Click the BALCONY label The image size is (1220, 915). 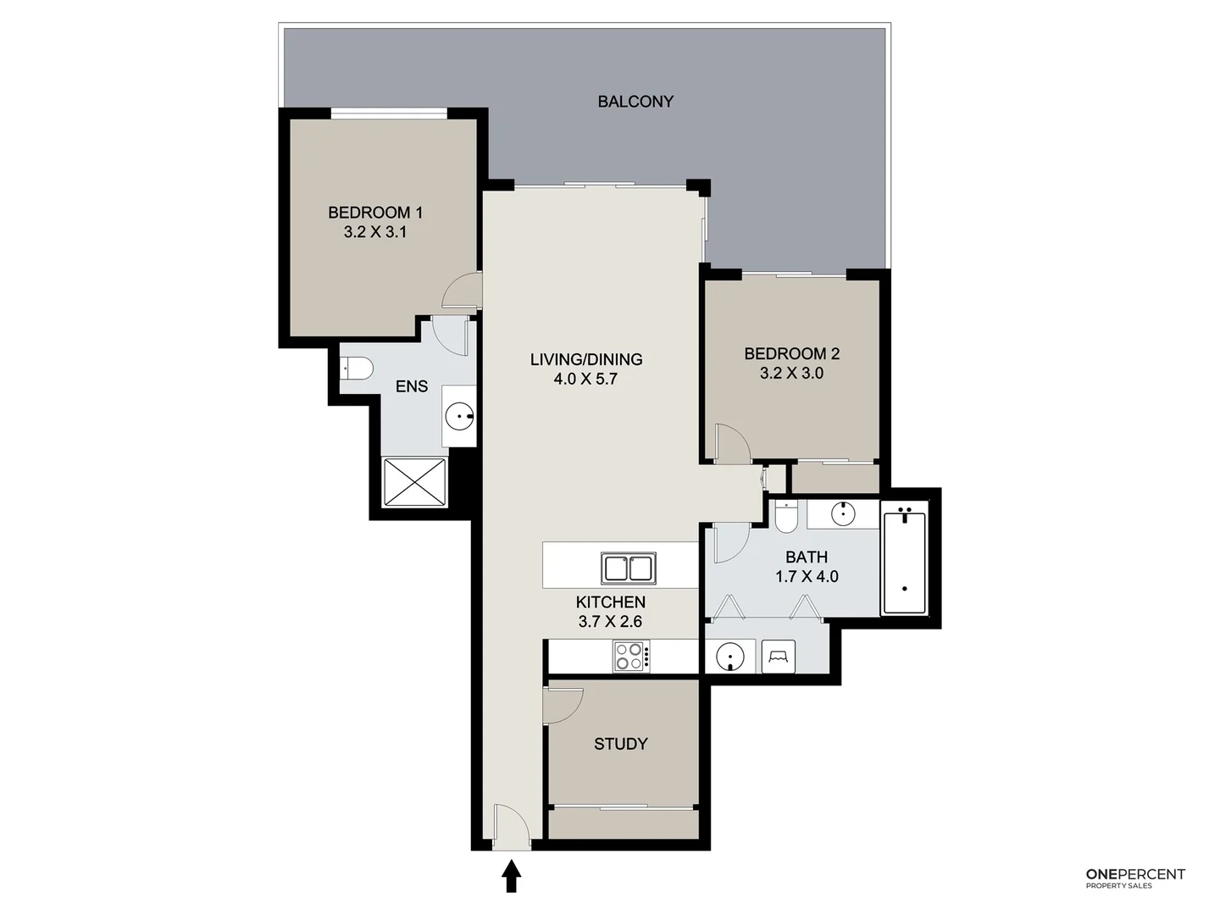pos(635,102)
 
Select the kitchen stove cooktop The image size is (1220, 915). pos(631,657)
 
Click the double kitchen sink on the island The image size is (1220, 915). pos(628,568)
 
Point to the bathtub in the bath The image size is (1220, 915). pos(904,558)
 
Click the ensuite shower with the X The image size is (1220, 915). pos(414,482)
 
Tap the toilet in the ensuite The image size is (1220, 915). pos(357,369)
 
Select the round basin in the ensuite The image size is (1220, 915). pos(459,416)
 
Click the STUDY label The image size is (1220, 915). pos(620,744)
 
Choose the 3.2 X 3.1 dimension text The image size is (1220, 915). pos(375,232)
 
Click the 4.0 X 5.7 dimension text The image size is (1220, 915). pos(585,379)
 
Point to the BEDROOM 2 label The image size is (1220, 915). pos(791,353)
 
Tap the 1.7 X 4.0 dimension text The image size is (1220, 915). pos(807,576)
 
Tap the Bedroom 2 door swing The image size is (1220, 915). pos(731,443)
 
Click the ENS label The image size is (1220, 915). pos(412,386)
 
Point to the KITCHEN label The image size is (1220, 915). pos(610,602)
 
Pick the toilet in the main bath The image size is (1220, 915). pos(786,517)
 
